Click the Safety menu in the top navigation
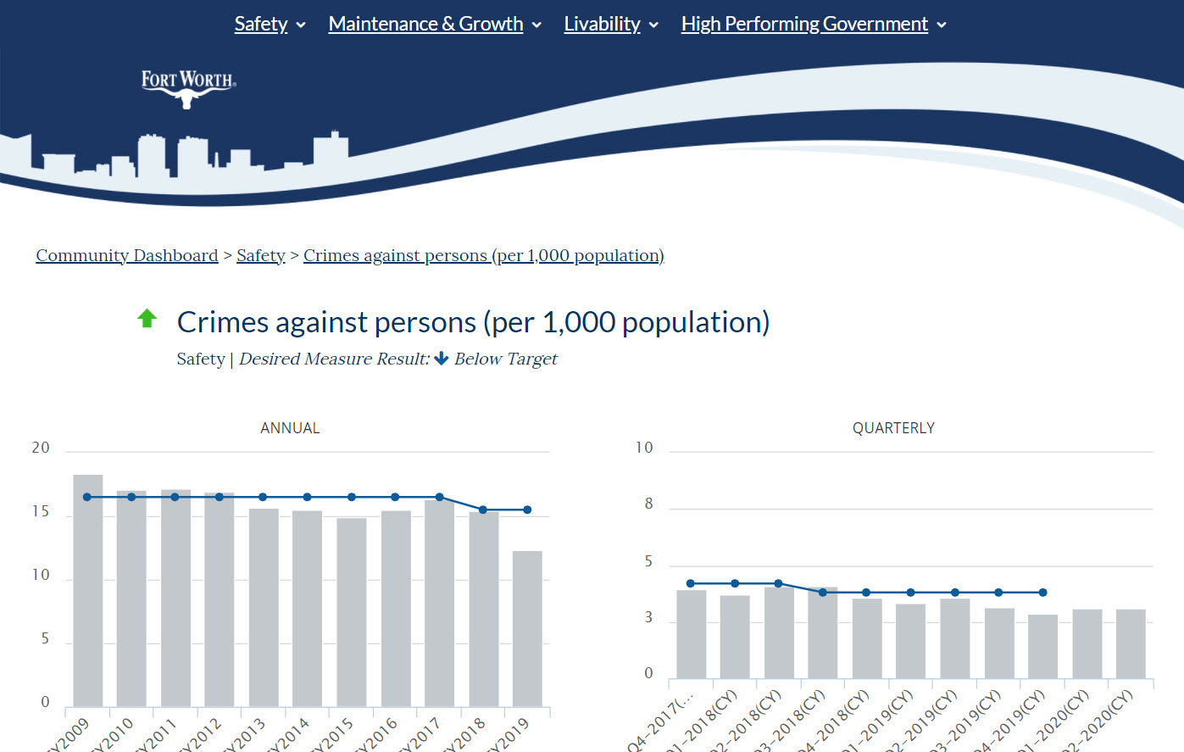(261, 25)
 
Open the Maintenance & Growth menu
(425, 25)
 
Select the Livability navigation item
(602, 25)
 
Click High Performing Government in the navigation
(804, 25)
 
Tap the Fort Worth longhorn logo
(188, 89)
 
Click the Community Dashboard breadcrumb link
(127, 256)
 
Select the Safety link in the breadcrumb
(260, 256)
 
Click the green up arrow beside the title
(147, 319)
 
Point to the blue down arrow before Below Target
(441, 359)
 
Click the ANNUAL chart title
(290, 428)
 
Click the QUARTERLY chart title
(893, 428)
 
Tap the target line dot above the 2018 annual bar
(483, 510)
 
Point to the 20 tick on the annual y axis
(41, 448)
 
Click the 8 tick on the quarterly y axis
(648, 504)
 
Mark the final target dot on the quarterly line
(1042, 593)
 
